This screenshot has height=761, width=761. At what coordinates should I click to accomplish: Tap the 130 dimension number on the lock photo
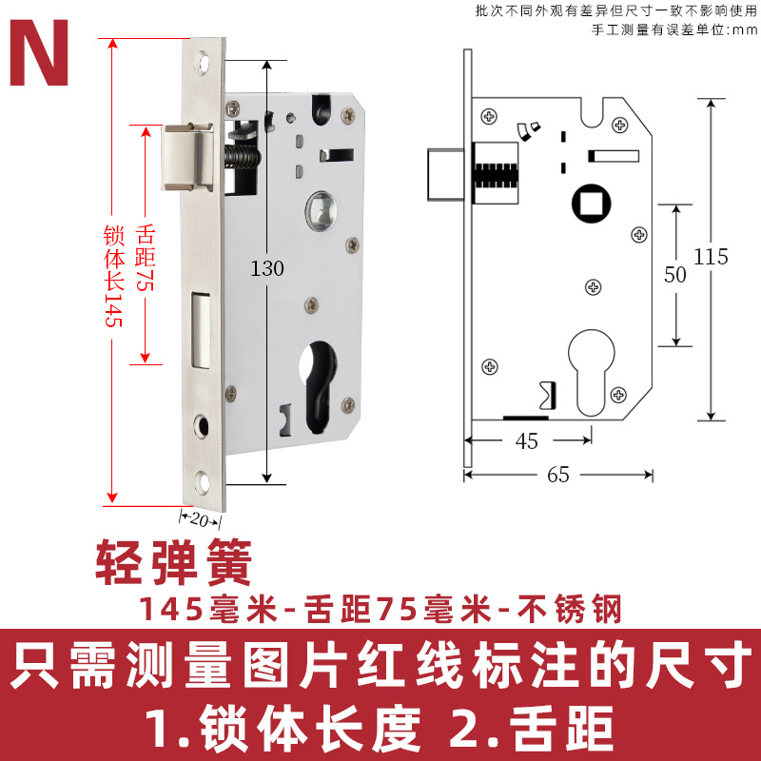[x=267, y=269]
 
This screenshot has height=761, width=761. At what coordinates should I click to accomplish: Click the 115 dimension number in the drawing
[x=711, y=256]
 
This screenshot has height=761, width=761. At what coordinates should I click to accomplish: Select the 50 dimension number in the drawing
[x=674, y=275]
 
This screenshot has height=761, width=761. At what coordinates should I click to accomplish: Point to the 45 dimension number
[x=526, y=440]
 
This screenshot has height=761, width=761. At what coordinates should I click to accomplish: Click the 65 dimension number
[x=558, y=475]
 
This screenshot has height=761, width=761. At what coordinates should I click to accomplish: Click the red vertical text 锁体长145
[x=112, y=277]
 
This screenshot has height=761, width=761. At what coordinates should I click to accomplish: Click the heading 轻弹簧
[x=173, y=564]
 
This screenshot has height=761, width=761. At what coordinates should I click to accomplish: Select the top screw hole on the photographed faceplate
[x=203, y=65]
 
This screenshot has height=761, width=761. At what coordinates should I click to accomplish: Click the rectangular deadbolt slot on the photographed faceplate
[x=201, y=328]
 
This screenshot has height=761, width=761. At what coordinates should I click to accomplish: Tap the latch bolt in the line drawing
[x=443, y=173]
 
